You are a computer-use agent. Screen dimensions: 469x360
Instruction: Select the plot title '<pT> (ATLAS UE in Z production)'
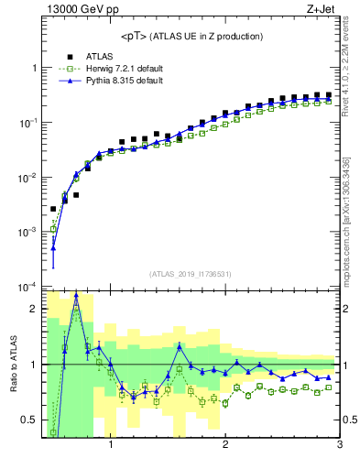tap(192, 36)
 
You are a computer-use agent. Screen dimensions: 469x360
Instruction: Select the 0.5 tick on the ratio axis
tap(30, 420)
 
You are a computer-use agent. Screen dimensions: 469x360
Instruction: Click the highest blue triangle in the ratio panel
tap(76, 295)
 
